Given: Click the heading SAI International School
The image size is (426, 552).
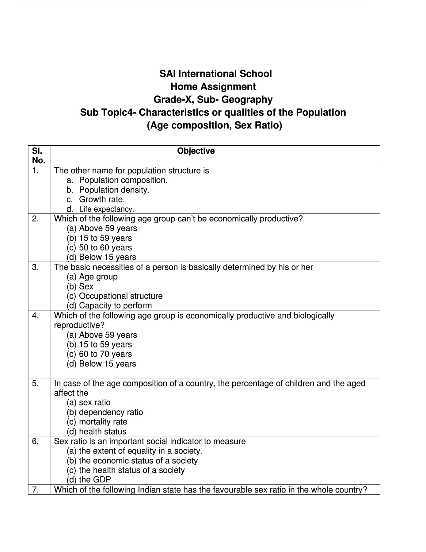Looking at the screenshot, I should [x=215, y=74].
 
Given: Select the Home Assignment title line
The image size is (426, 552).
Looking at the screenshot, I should [x=213, y=87].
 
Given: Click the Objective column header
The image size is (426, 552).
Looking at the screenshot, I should [x=196, y=151].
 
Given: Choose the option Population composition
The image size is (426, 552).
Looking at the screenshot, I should [x=123, y=180].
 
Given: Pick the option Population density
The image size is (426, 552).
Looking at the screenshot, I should [x=114, y=190].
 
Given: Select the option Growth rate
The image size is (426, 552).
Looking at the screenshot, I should [x=102, y=199].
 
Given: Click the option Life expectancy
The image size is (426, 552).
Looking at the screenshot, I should [x=107, y=209].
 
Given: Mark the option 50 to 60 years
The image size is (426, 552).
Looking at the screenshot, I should [x=105, y=247].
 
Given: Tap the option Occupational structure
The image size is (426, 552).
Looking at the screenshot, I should [x=121, y=296].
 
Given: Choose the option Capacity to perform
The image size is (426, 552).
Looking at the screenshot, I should [x=115, y=305].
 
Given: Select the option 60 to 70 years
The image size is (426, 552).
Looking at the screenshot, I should [x=105, y=354].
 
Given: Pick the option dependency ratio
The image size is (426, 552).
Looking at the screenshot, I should [x=111, y=412].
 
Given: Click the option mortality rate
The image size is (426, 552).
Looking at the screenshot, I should [x=103, y=422].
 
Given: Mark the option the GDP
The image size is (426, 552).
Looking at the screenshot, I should [x=95, y=480].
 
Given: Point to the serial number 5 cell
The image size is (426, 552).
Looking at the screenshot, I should [x=36, y=383].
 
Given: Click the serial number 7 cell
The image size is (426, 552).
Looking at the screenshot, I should [x=36, y=490].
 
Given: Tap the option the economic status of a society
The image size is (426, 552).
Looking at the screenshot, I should [x=138, y=461].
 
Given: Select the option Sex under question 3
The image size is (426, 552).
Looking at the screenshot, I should [x=86, y=286].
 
